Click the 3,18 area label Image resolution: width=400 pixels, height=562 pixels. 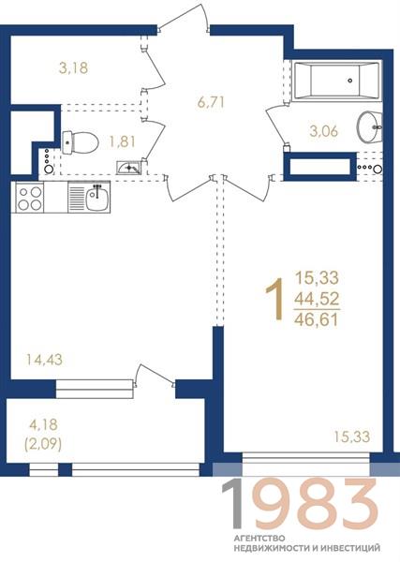pos(73,67)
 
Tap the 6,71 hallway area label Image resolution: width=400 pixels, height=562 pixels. pos(211,102)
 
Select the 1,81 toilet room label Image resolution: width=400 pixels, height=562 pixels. pos(122,142)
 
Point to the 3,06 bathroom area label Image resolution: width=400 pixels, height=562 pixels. pos(324,131)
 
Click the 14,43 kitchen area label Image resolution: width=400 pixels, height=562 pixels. pos(44,360)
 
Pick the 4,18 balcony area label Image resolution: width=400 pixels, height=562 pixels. pos(43,424)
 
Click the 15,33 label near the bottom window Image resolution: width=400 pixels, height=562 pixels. pos(352,436)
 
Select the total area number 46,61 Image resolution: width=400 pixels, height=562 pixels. pos(317,319)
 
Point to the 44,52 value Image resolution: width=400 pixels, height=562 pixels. pos(317,298)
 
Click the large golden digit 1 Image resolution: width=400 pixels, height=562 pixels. pos(274,299)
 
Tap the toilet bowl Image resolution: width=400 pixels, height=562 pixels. pos(81,142)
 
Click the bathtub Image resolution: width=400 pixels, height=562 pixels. pos(335,81)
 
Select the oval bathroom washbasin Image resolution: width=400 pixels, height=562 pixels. pos(369,126)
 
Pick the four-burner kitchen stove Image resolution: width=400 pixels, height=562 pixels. pos(29,198)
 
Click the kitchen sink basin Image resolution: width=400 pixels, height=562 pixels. pos(97,198)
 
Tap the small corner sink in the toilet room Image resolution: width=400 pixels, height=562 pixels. pos(129,168)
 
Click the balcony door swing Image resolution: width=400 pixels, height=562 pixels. pos(155,376)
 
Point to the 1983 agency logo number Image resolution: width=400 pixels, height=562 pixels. pos(300,505)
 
